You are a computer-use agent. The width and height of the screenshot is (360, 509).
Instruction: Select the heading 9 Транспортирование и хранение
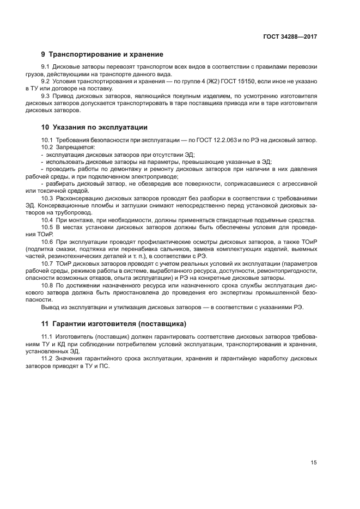click(102, 54)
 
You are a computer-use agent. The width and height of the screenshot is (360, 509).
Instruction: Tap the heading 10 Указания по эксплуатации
click(94, 128)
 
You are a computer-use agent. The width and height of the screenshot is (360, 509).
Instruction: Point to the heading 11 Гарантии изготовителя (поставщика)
click(114, 324)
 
